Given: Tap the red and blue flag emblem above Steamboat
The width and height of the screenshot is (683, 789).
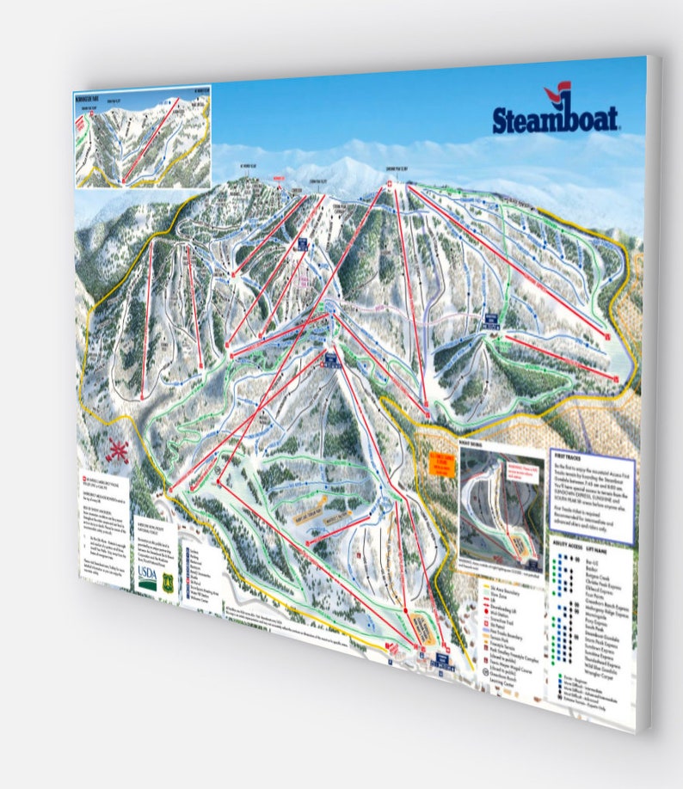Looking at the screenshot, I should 557,92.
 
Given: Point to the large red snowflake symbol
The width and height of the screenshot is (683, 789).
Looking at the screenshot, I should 119,450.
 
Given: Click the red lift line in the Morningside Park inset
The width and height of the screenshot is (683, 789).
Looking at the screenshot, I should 151,138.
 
